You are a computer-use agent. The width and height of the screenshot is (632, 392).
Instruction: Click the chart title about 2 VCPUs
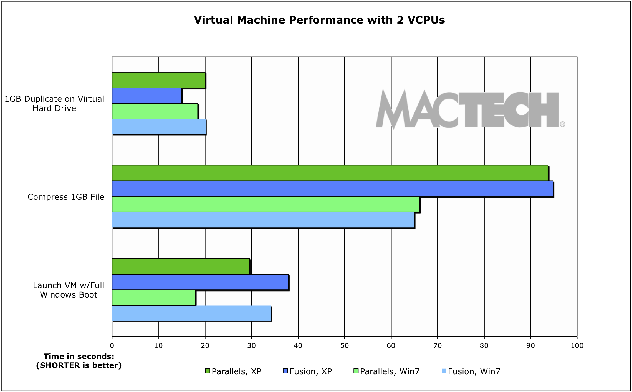tap(319, 20)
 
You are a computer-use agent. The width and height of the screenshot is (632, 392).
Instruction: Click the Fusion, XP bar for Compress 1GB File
tap(332, 189)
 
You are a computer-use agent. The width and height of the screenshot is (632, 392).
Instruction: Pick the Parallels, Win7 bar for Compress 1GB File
tap(266, 204)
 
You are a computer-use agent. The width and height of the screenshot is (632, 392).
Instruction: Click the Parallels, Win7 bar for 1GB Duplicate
tap(155, 111)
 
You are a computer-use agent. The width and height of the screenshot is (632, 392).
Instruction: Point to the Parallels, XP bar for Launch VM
tap(181, 267)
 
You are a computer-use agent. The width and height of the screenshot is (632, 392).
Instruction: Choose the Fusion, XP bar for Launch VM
tap(200, 282)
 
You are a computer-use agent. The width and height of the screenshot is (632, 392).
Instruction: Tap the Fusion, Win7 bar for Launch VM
tap(191, 313)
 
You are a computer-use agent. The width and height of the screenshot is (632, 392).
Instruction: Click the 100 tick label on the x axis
tap(577, 345)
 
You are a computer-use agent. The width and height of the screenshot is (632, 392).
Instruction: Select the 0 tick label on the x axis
tap(112, 345)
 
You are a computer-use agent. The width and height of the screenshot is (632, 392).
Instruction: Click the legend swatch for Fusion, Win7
tap(444, 371)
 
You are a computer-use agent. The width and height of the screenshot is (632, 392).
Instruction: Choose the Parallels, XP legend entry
tap(236, 371)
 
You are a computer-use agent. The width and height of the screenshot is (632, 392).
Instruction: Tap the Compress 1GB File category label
tap(66, 197)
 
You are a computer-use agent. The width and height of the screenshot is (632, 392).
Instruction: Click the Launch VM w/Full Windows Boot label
tap(68, 290)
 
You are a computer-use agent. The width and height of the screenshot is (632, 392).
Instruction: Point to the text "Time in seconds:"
tap(79, 356)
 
